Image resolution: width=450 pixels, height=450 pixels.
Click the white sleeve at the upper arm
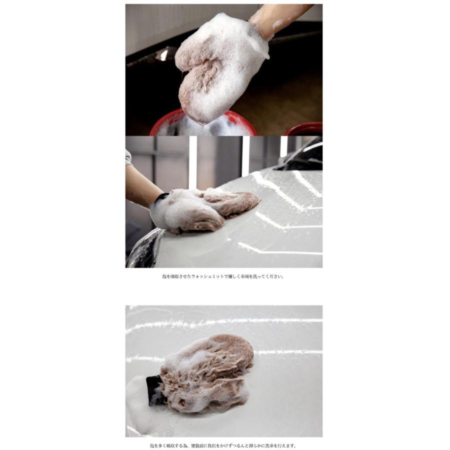128,157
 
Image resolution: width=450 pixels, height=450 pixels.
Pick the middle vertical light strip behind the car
245,155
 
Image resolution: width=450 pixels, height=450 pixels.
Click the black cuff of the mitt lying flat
154,389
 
